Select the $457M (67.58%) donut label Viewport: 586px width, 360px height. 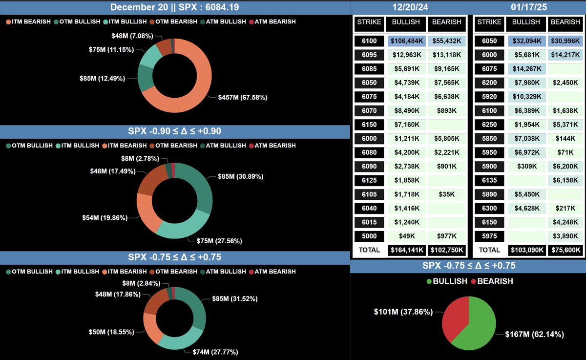click(x=242, y=98)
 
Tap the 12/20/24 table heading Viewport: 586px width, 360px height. click(x=409, y=7)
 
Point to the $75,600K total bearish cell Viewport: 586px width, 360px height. click(x=565, y=250)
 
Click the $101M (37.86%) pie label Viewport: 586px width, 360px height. click(x=403, y=311)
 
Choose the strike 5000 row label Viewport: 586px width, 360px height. click(x=369, y=236)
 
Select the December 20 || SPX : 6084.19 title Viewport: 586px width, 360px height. click(x=175, y=7)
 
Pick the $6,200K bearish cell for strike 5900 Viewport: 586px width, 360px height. click(x=565, y=167)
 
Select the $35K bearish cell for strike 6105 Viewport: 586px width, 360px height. click(x=446, y=194)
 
